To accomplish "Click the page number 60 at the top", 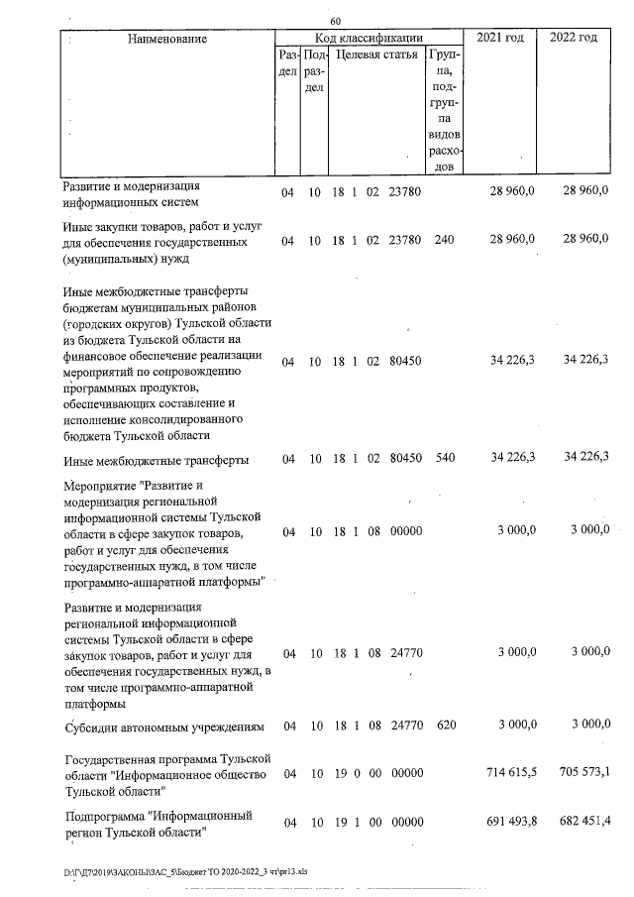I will click(x=335, y=22).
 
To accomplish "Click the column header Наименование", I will click(x=167, y=39).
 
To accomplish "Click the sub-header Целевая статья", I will click(x=374, y=57).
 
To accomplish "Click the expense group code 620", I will click(x=445, y=726).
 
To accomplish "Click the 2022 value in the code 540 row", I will click(x=584, y=460).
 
